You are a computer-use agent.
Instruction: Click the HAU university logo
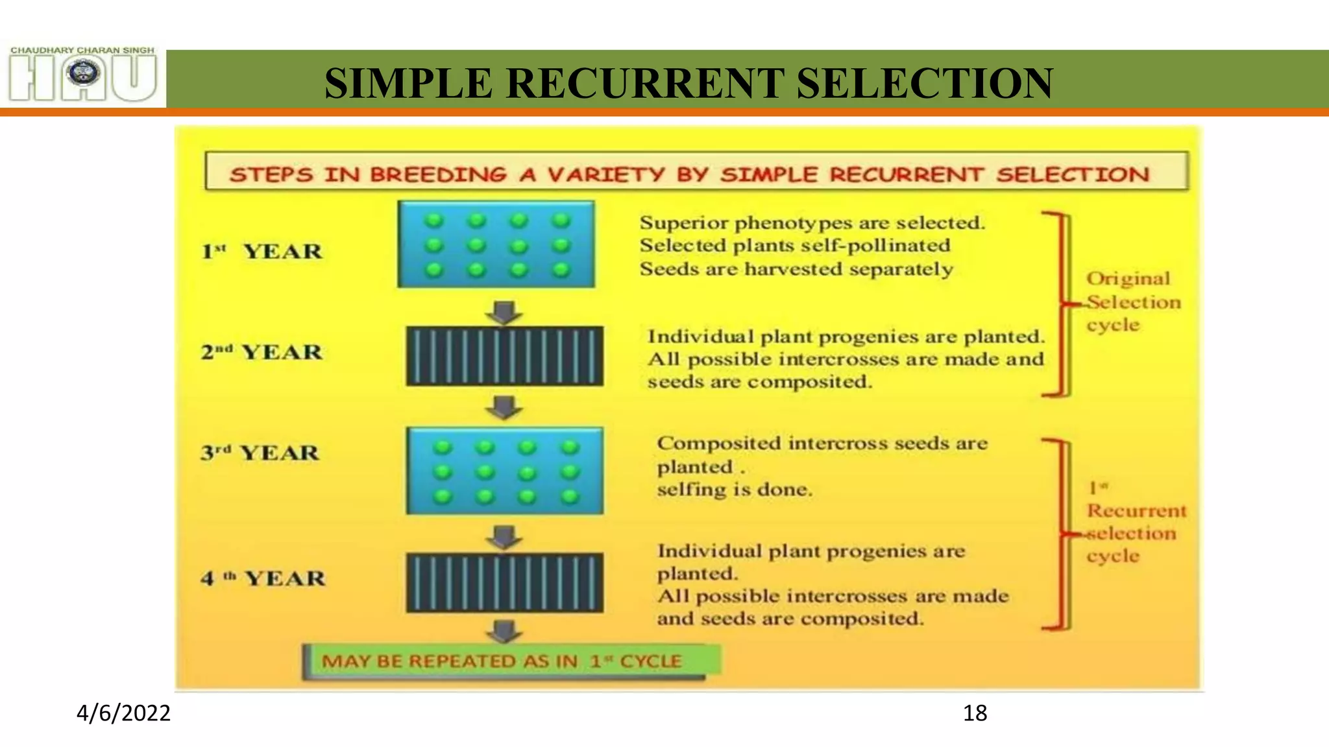point(83,76)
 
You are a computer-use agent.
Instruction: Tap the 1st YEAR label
point(262,251)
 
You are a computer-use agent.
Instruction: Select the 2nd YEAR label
point(262,352)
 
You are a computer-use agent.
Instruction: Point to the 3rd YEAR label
point(260,452)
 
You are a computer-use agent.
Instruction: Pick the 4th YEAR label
point(263,578)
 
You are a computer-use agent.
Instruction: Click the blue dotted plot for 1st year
point(496,244)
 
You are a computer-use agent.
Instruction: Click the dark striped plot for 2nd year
point(505,356)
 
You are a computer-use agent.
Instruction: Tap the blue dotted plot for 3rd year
point(505,471)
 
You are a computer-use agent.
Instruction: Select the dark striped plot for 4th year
point(505,582)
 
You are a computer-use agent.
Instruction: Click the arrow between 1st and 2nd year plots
point(504,312)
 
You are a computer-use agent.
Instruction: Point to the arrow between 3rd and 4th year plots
point(504,536)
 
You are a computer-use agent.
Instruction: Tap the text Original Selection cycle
point(1132,302)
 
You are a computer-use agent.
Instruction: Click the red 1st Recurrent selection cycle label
point(1136,523)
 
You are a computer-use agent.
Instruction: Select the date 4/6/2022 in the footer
point(123,713)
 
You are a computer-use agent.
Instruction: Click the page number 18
point(975,713)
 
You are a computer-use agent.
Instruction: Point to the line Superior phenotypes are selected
point(812,223)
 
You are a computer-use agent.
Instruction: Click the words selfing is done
point(734,490)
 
